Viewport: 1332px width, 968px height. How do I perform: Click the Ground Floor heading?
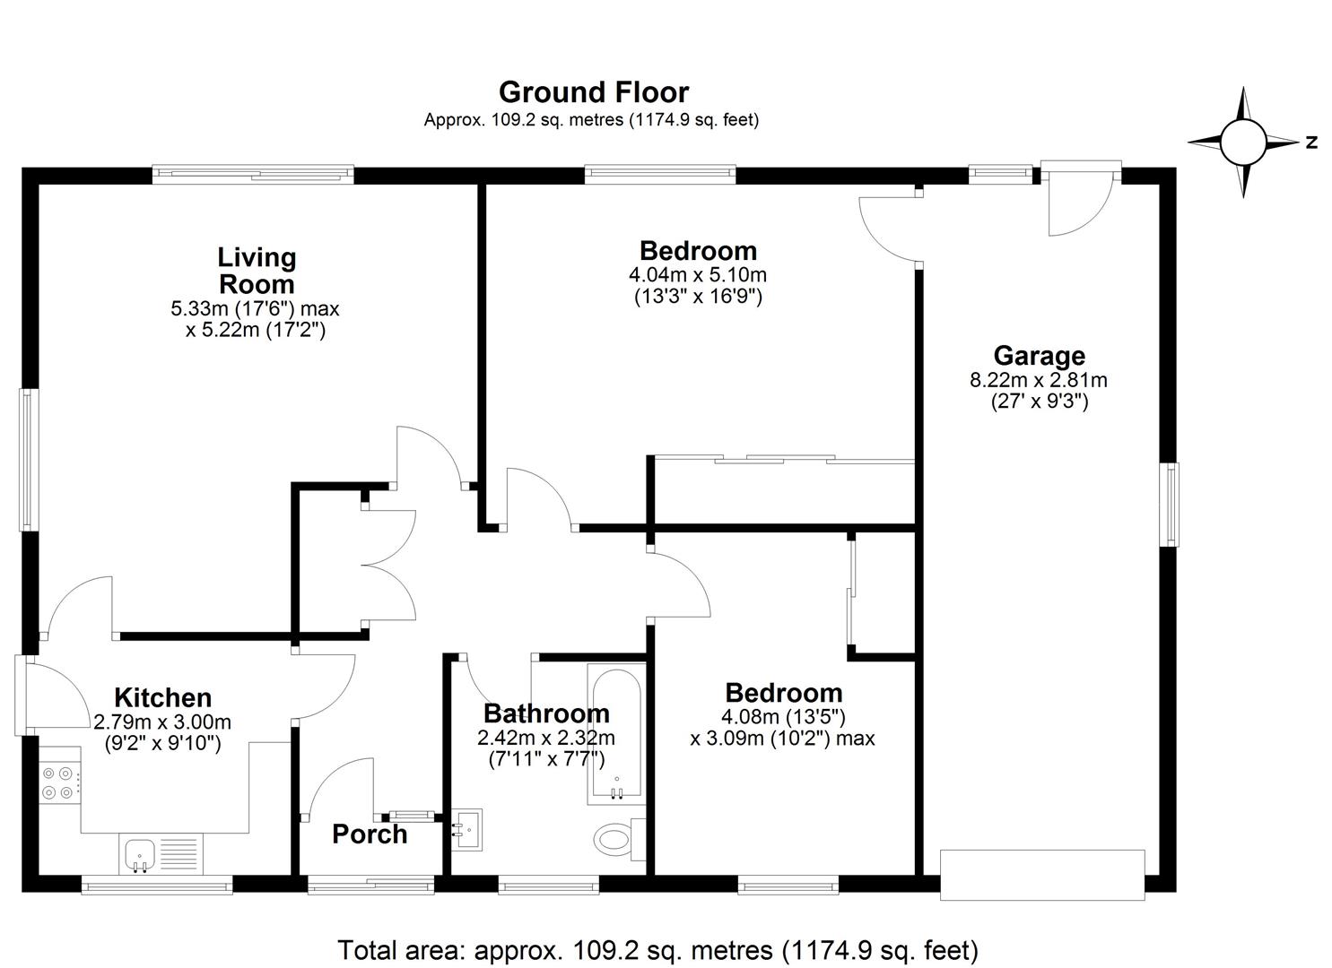tap(594, 92)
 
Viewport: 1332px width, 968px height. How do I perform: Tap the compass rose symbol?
tap(1243, 143)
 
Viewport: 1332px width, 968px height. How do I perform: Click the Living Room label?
tap(257, 271)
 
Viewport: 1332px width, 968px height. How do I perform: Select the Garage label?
tap(1040, 356)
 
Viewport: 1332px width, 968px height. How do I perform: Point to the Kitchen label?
tap(162, 697)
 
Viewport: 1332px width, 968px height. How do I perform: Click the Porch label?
tap(370, 834)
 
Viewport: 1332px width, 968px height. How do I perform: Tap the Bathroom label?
tap(546, 713)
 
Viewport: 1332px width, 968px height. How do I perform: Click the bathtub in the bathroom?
tap(616, 734)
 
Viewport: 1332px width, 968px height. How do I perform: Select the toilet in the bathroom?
tap(619, 839)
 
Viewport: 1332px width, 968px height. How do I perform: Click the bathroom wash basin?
tap(466, 830)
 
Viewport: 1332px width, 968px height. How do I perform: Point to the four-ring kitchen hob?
tap(59, 782)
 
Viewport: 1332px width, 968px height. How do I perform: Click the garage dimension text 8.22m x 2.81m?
tap(1039, 380)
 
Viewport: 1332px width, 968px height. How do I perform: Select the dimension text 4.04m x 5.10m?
tap(698, 275)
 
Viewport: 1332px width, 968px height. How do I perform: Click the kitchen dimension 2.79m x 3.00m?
tap(162, 722)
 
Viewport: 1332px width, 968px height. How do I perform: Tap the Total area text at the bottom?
tap(657, 950)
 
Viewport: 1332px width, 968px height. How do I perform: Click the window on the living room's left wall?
tap(28, 459)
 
